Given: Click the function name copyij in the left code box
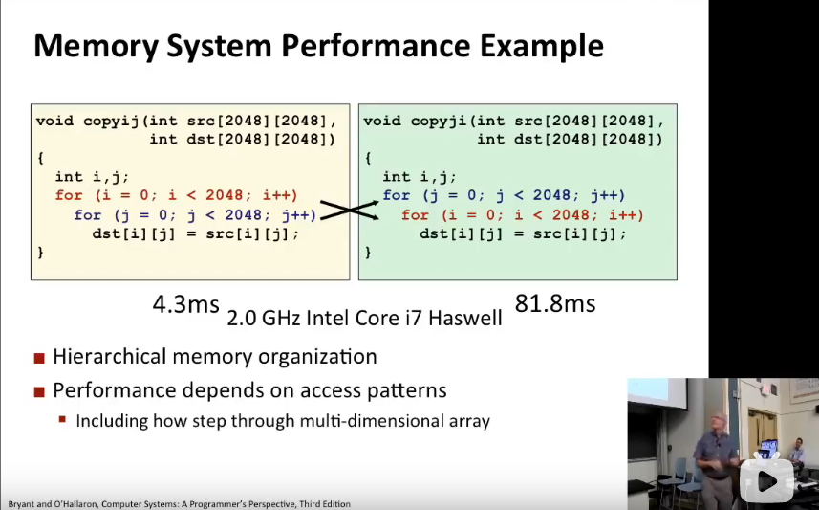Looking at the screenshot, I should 107,121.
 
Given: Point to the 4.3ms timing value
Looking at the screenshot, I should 185,305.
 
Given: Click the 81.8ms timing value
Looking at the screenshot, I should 555,304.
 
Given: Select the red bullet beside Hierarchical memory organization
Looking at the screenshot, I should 39,359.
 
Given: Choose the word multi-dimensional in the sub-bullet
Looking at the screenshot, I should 349,420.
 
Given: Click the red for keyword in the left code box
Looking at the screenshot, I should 69,195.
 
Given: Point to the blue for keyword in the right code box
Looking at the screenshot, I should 397,195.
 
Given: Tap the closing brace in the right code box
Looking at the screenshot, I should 368,253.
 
